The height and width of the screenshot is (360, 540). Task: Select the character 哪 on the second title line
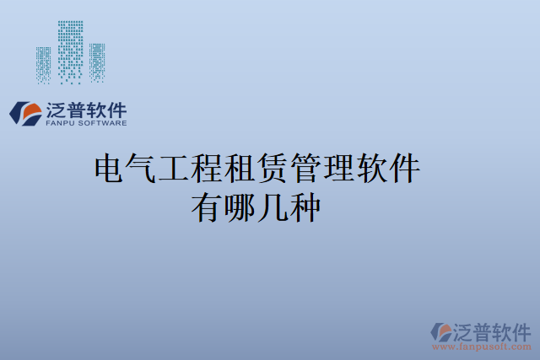click(240, 207)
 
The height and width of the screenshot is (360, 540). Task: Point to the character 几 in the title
click(273, 207)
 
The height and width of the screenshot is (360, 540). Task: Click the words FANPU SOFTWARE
click(86, 123)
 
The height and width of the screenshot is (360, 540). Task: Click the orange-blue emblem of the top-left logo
click(26, 114)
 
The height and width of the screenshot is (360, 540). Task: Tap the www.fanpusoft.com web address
click(482, 347)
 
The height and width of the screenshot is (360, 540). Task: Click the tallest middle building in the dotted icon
click(70, 51)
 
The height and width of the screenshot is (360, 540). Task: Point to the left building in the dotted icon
click(44, 63)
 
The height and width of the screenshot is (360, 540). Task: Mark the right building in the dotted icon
click(96, 61)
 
